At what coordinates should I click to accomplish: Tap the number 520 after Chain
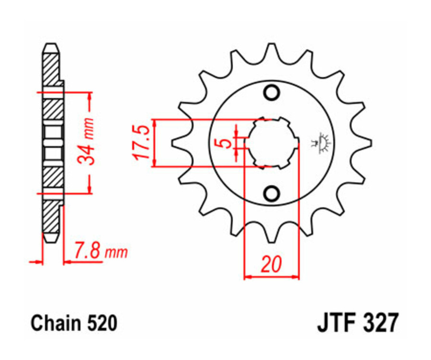101,324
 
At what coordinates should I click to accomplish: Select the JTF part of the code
335,324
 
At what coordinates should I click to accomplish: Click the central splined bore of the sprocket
272,143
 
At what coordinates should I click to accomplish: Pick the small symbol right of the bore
321,143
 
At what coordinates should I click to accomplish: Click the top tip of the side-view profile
51,46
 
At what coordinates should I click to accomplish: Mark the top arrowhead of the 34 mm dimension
89,96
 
